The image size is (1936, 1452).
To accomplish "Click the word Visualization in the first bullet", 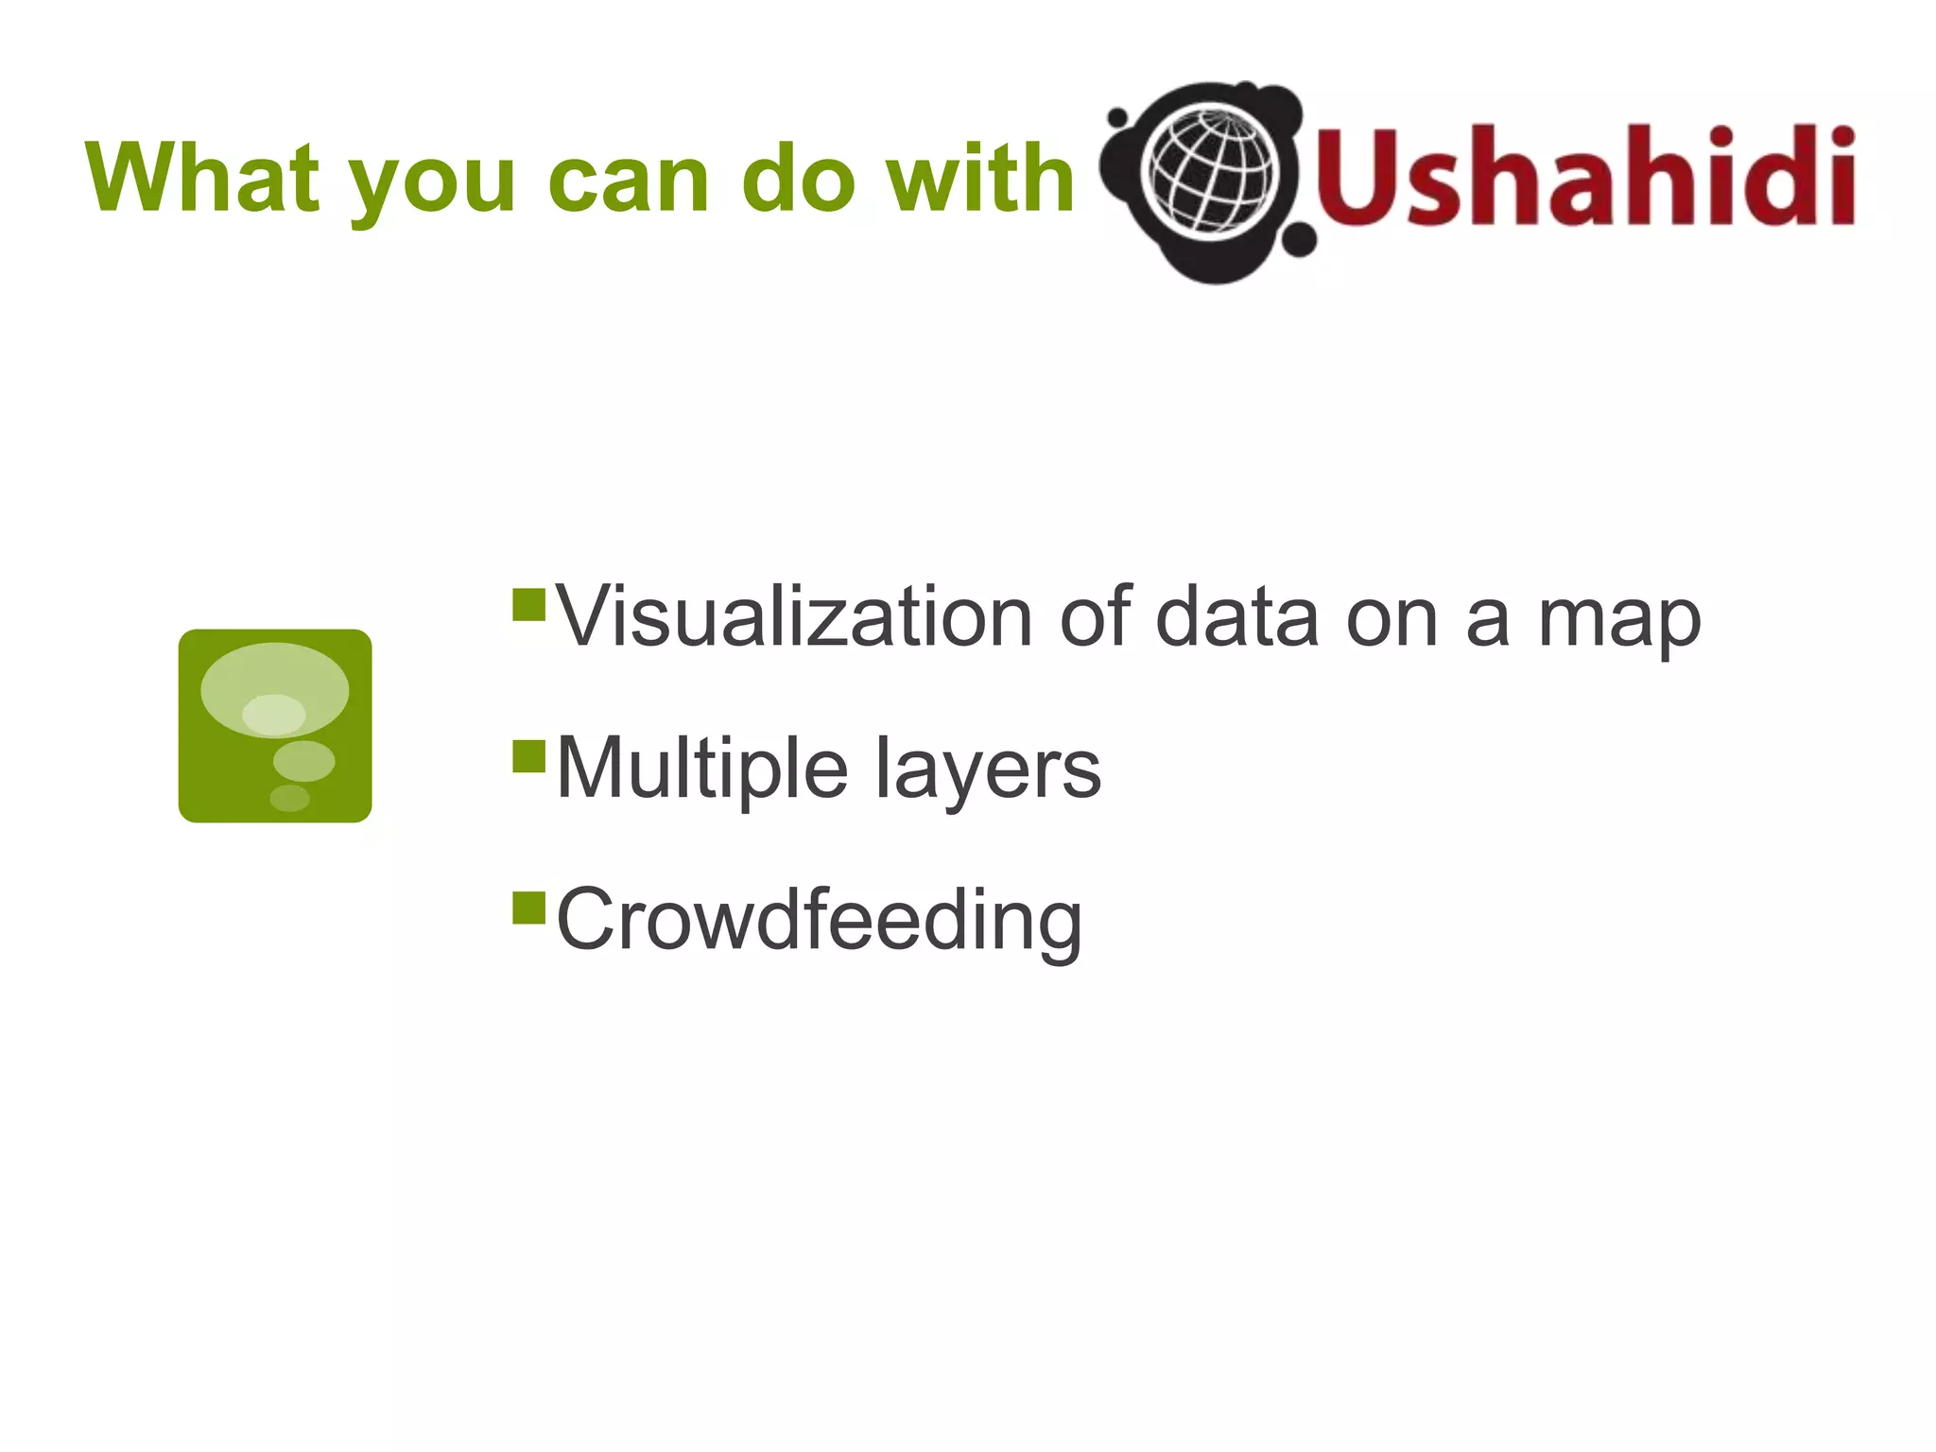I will coord(795,617).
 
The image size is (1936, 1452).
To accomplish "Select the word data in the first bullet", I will coord(1236,617).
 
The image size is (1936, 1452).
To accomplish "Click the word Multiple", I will coord(702,769).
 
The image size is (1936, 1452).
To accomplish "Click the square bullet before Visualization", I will coord(529,605).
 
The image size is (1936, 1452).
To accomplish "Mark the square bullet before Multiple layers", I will coord(529,756).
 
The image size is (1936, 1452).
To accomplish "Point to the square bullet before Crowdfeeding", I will coord(529,907).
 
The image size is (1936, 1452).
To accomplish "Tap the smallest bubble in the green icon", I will coord(290,798).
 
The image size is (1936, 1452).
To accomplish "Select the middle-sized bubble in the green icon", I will coord(303,761).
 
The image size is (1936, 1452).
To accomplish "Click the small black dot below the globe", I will coord(1301,240).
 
